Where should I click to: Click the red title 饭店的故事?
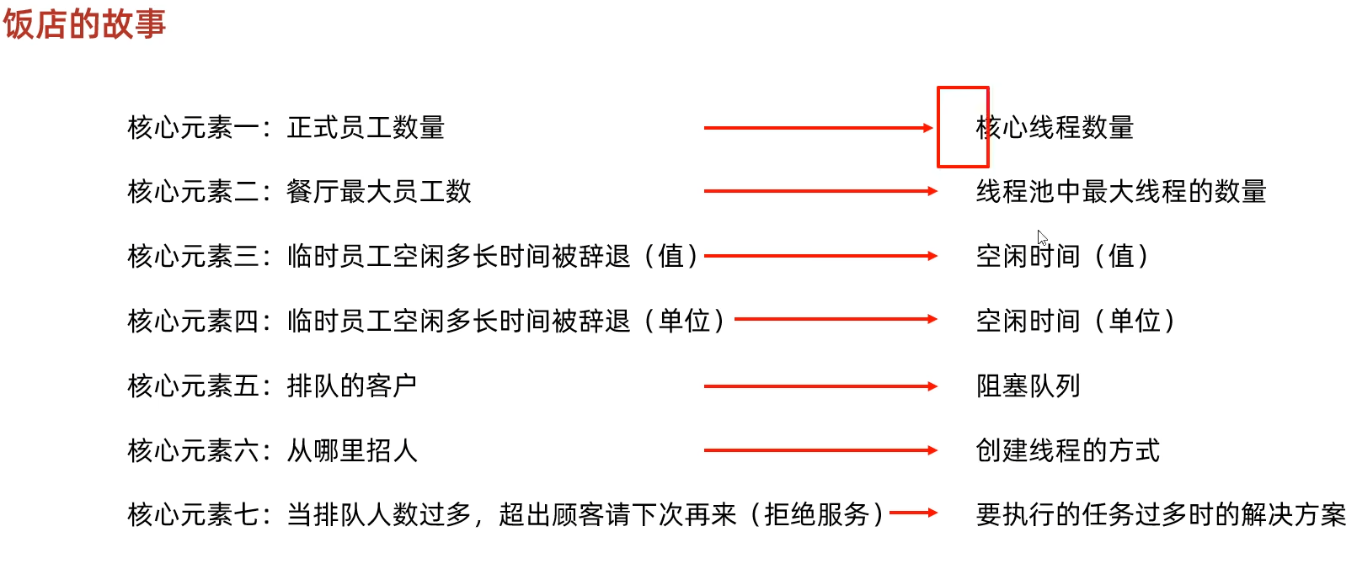point(84,24)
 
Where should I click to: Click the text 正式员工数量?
point(366,128)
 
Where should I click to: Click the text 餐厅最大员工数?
point(379,192)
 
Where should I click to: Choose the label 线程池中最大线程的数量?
point(1121,192)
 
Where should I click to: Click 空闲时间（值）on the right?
point(1061,256)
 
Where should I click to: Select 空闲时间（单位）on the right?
point(1075,321)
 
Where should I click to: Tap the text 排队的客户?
point(352,386)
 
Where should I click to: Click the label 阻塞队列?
point(1028,386)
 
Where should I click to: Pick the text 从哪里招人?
point(352,450)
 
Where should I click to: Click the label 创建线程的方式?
point(1067,450)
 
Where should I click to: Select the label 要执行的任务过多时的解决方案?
point(1161,514)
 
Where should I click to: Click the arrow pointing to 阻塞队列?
point(820,386)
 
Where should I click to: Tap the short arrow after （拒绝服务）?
point(913,513)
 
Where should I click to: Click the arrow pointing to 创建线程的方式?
point(820,450)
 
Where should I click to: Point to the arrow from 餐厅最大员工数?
point(820,192)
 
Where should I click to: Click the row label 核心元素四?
point(193,321)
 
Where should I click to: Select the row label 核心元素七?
point(193,514)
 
